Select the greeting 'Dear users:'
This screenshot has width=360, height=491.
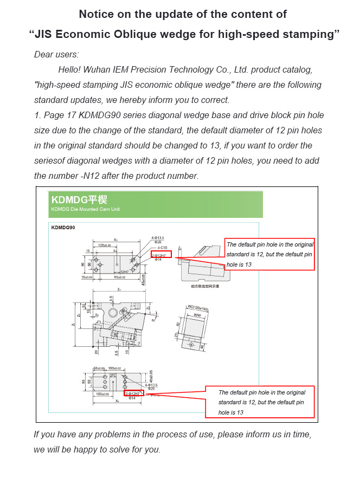tap(56, 54)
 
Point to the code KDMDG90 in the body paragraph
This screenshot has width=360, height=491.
tap(100, 115)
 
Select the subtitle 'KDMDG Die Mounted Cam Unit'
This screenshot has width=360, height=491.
tap(85, 209)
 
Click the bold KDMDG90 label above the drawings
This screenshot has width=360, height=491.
tap(63, 228)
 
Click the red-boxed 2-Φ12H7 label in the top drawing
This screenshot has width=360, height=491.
tap(161, 254)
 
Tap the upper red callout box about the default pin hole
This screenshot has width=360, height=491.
tap(269, 254)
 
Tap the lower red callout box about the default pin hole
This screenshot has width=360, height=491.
tap(260, 402)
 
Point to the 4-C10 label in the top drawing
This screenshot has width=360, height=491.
tap(162, 247)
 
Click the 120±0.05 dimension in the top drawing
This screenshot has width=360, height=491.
tap(104, 245)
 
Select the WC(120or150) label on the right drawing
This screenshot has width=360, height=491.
tap(198, 308)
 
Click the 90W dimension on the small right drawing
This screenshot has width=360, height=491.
tap(197, 315)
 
